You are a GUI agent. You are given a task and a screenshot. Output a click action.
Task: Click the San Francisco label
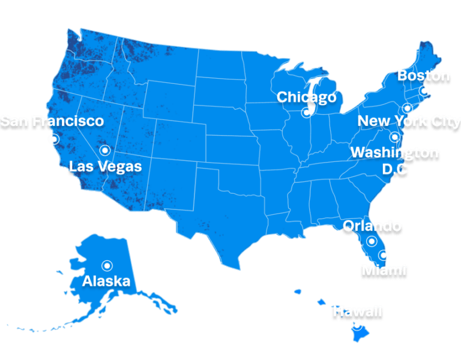coord(52,121)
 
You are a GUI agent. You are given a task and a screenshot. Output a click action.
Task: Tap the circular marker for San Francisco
coord(54,139)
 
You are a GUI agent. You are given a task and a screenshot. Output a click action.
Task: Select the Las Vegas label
coord(105,166)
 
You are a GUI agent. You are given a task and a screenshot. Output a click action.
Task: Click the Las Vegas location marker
coord(105,150)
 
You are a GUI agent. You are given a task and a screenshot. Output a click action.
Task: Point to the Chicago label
coord(306,97)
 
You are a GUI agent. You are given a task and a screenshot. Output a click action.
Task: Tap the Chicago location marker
coord(307,112)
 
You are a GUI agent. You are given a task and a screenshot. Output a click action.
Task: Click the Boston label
coord(424,76)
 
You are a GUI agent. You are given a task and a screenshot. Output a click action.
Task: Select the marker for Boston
coord(424,91)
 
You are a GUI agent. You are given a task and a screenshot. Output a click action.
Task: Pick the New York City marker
coord(407,109)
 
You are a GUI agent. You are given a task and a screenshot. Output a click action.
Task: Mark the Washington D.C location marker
coord(394,137)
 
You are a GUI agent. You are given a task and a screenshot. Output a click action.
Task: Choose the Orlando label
coord(372,226)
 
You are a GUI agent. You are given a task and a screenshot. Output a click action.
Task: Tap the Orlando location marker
coord(372,241)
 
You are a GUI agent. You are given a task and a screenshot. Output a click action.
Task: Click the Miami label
coord(384,270)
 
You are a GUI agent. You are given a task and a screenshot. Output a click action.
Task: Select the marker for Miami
coord(384,254)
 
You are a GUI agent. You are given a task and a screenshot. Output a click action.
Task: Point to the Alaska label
coord(106,281)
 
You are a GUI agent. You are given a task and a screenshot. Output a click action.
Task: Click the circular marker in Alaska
coord(107,265)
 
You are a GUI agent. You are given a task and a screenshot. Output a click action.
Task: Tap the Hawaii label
coord(357,311)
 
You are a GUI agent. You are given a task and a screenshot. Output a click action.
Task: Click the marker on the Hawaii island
coord(357,326)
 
